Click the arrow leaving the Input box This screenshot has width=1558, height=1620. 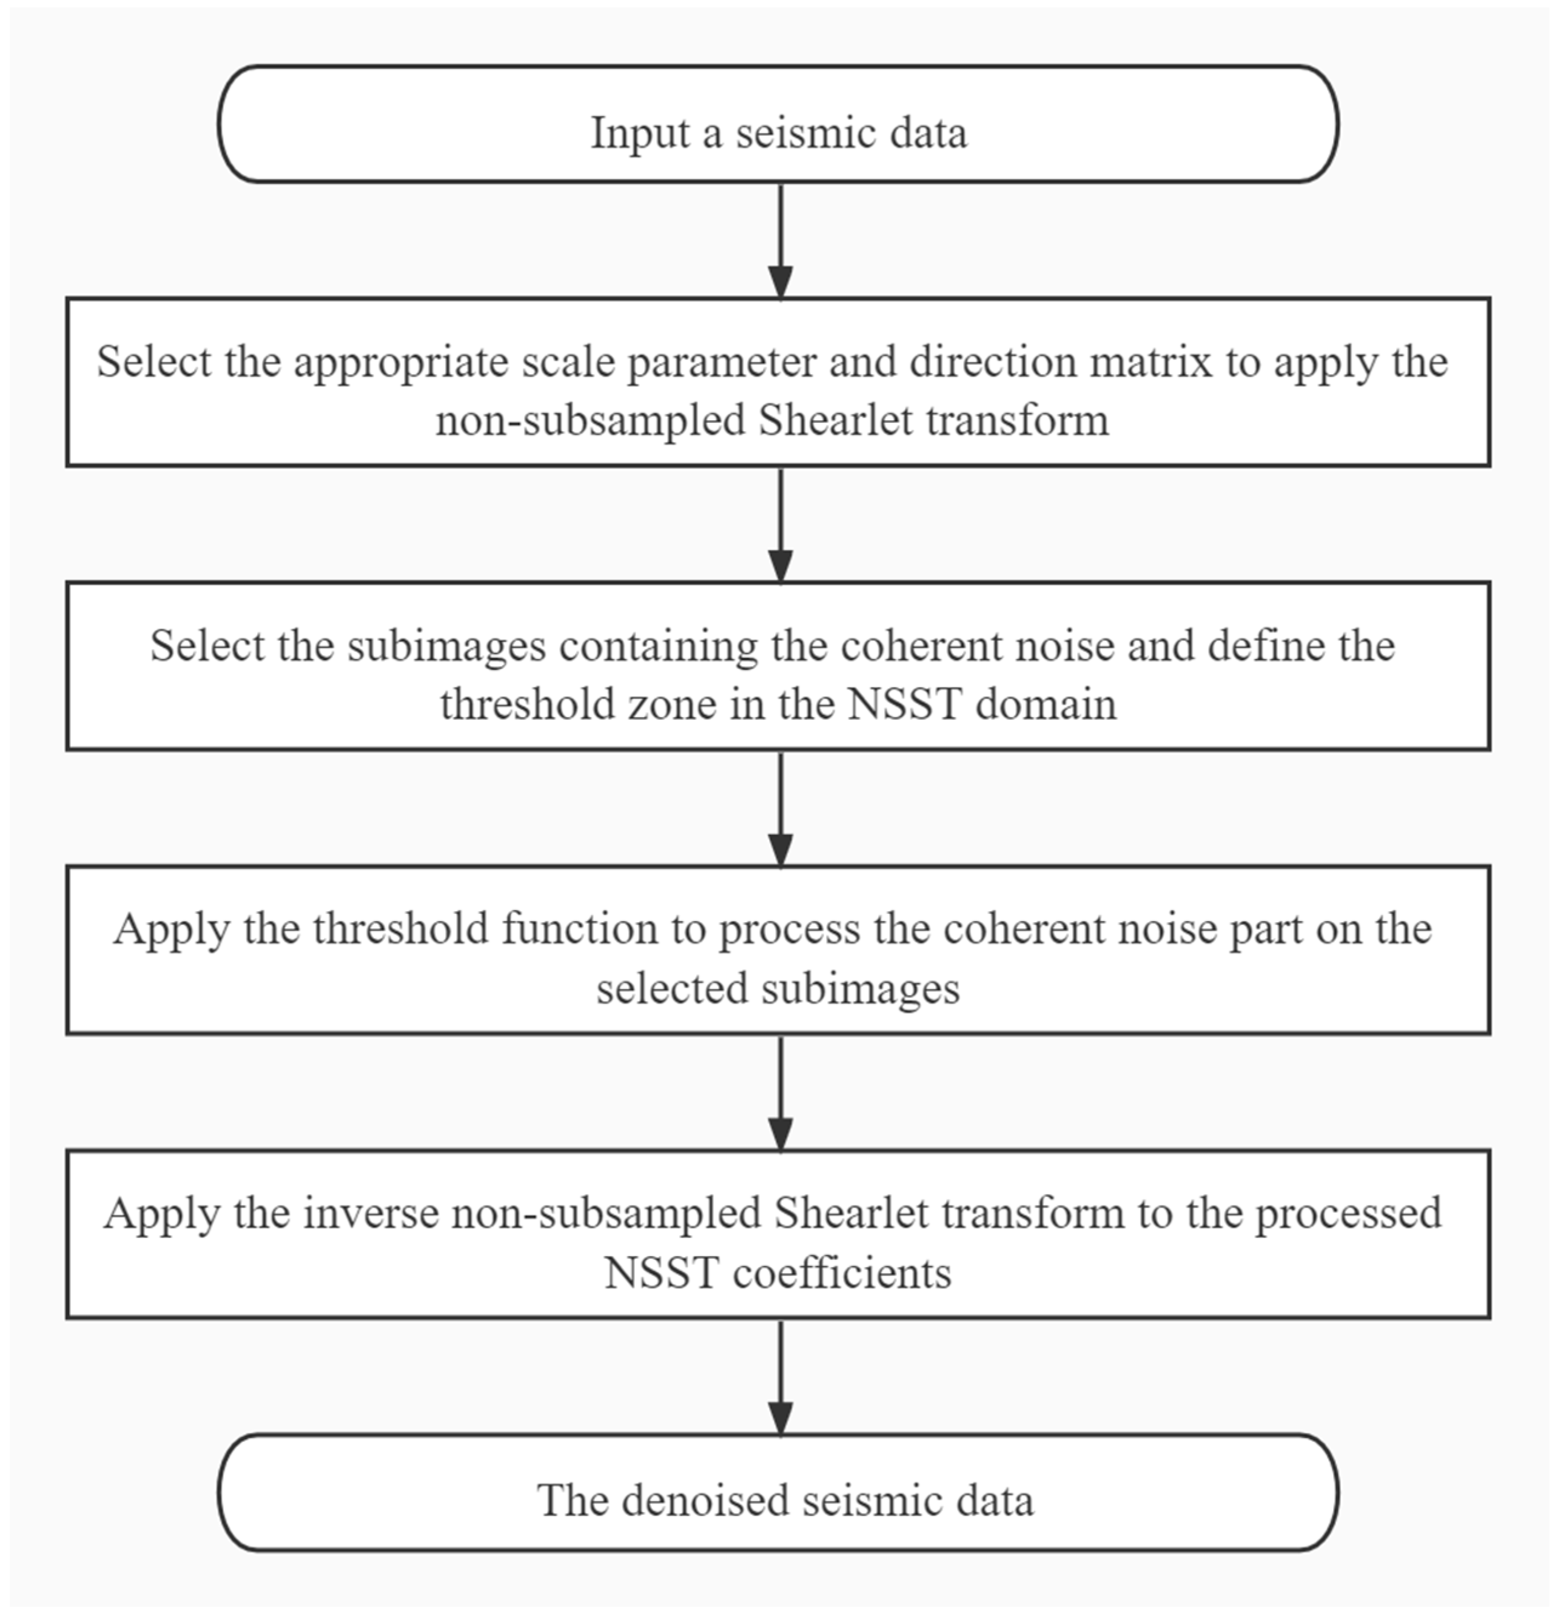(780, 239)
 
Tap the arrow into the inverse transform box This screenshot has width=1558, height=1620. (780, 1092)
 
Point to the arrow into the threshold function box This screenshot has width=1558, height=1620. (780, 808)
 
